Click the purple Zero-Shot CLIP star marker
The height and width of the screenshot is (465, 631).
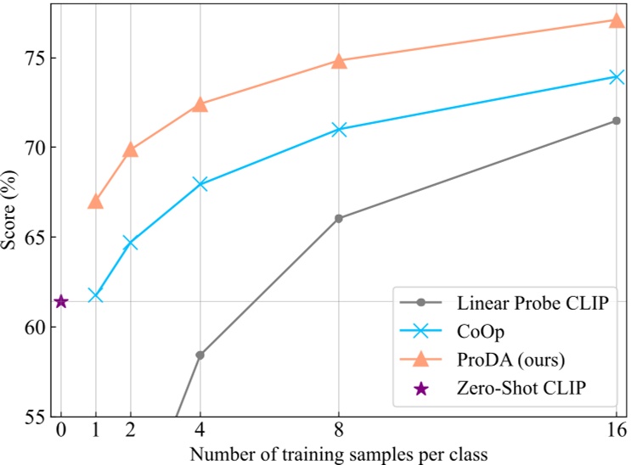click(x=61, y=301)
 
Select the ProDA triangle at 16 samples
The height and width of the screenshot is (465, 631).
click(x=617, y=20)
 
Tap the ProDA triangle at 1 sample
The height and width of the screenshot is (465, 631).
click(x=95, y=202)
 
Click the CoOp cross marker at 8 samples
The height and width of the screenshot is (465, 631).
click(x=339, y=130)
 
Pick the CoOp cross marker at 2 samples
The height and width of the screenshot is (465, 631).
click(x=130, y=244)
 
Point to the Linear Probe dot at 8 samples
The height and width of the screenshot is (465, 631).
click(x=339, y=218)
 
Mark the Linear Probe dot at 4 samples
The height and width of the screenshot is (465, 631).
click(x=200, y=355)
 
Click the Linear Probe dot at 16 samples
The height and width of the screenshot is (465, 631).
click(x=617, y=120)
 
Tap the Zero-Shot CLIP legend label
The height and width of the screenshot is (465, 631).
click(x=522, y=388)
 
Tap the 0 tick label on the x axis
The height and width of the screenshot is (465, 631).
click(x=61, y=431)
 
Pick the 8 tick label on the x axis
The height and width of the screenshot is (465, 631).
click(x=339, y=431)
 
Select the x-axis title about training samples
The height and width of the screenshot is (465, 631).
click(x=339, y=453)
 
